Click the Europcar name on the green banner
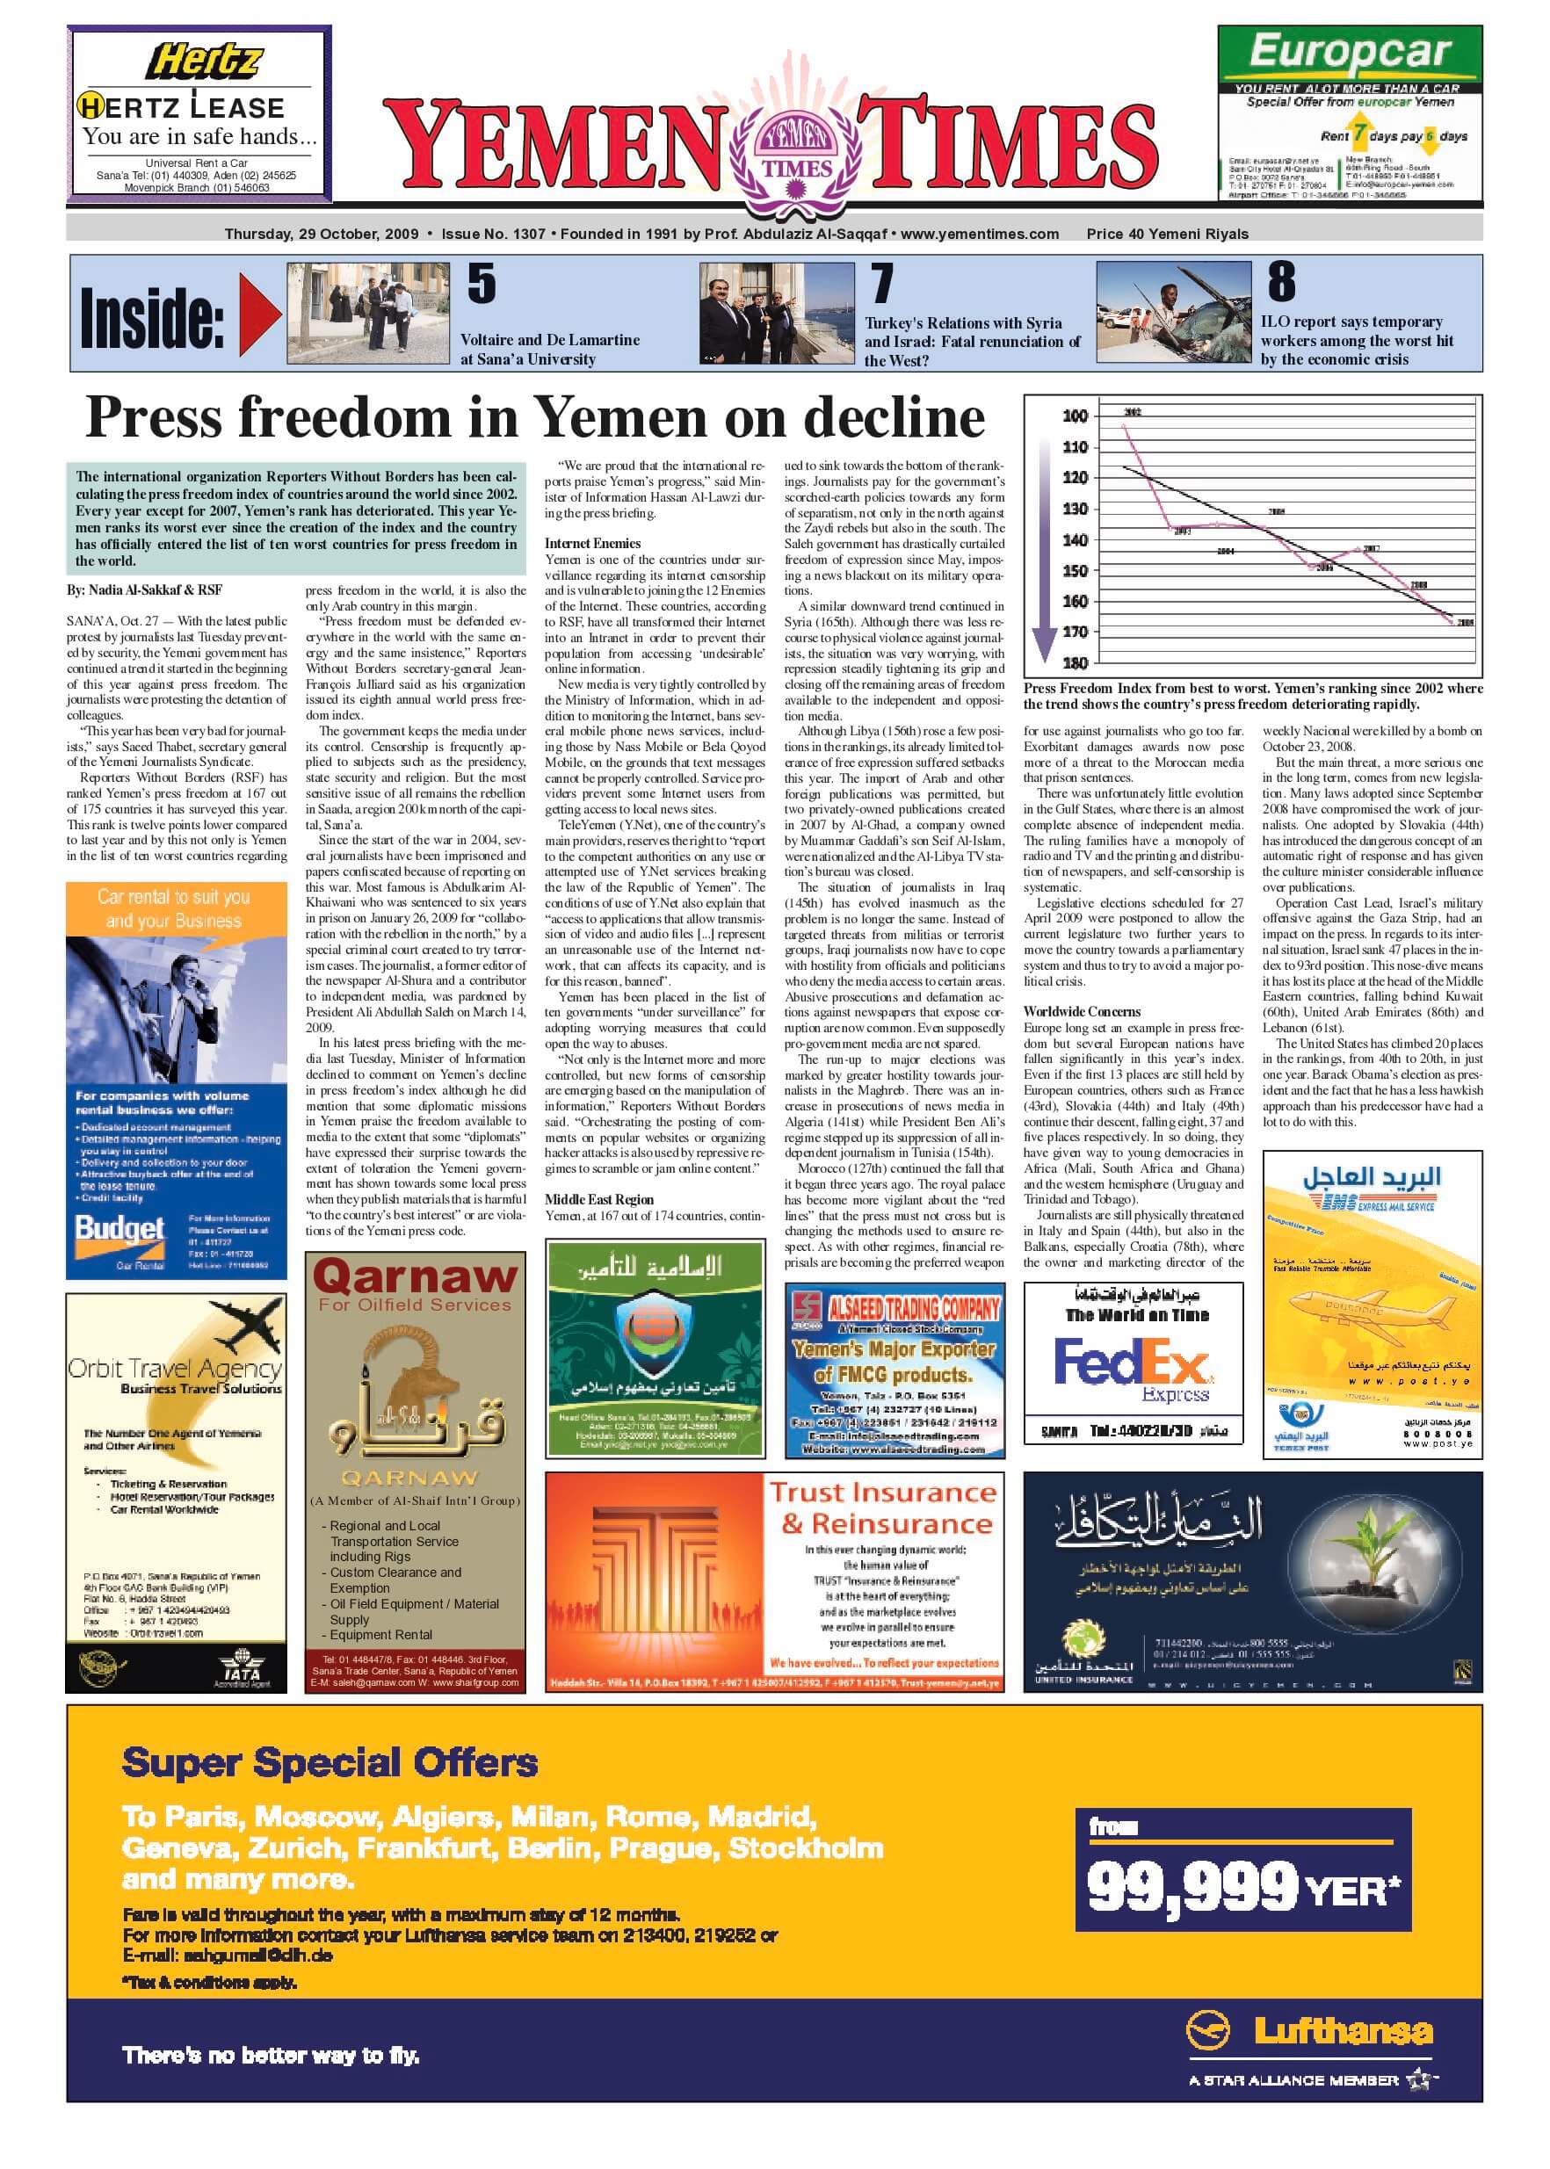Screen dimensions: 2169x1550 coord(1349,53)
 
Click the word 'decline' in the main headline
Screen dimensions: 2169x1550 coord(894,418)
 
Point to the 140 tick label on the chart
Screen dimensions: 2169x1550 coord(1075,540)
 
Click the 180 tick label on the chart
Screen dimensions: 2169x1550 coord(1075,662)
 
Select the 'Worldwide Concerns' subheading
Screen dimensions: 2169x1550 coord(1082,1011)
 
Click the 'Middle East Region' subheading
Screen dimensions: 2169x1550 coord(599,1199)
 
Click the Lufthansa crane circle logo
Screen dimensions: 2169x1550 coord(1207,2029)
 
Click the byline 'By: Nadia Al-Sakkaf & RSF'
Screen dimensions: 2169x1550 coord(144,589)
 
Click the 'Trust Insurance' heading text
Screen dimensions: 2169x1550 coord(882,1492)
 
